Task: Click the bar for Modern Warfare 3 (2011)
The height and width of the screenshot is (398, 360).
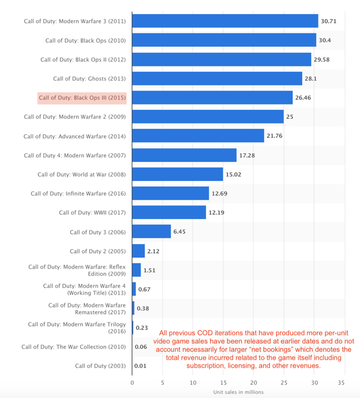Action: click(225, 21)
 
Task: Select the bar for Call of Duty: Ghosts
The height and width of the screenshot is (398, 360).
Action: click(217, 79)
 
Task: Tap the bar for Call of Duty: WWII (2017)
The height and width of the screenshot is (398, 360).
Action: click(169, 212)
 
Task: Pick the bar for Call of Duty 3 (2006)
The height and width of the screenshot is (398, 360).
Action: click(151, 232)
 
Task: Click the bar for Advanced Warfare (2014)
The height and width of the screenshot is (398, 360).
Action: click(198, 136)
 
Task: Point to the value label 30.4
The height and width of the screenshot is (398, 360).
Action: click(326, 40)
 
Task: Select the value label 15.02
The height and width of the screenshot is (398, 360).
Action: click(233, 174)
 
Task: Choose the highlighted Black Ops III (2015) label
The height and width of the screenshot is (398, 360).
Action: click(82, 98)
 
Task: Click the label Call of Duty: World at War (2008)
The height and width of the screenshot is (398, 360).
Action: click(82, 174)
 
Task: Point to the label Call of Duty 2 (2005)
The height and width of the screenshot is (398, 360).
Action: click(98, 251)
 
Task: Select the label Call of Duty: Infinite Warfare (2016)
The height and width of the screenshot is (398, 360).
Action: click(78, 193)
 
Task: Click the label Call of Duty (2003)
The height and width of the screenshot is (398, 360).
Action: click(100, 366)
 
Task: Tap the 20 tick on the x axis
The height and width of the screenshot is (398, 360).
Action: click(253, 382)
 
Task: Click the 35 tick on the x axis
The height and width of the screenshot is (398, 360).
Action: click(341, 382)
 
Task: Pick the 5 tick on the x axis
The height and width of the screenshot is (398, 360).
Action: click(163, 382)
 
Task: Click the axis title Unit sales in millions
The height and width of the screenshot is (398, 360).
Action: click(238, 392)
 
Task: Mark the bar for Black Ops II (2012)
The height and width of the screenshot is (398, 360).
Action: click(222, 60)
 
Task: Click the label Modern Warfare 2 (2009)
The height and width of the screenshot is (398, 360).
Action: click(75, 117)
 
